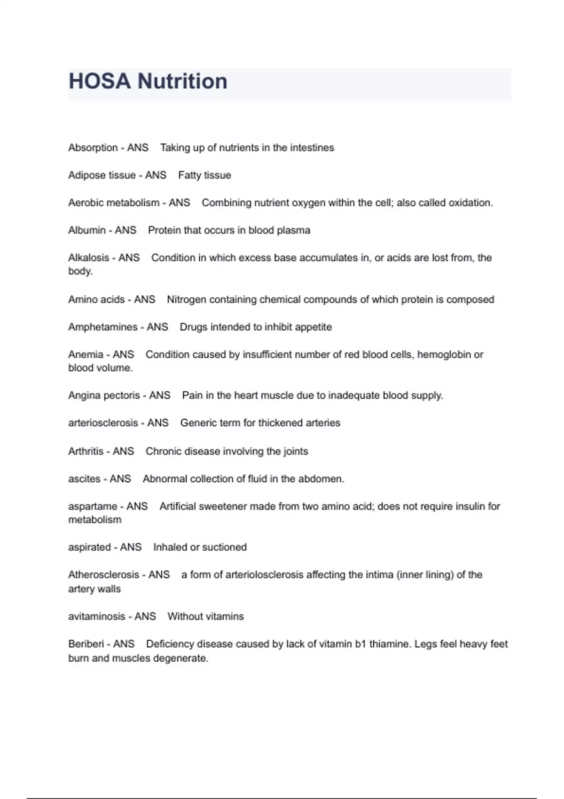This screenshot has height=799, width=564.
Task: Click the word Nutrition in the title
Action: click(x=182, y=81)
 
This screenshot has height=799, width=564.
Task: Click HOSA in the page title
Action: click(x=99, y=81)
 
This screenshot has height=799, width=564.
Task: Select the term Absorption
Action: click(x=93, y=148)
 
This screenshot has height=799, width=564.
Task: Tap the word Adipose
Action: click(x=86, y=175)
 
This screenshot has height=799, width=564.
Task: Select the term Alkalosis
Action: click(x=88, y=258)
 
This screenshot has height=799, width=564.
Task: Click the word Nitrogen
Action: click(x=187, y=299)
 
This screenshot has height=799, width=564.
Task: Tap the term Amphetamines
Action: click(x=102, y=327)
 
